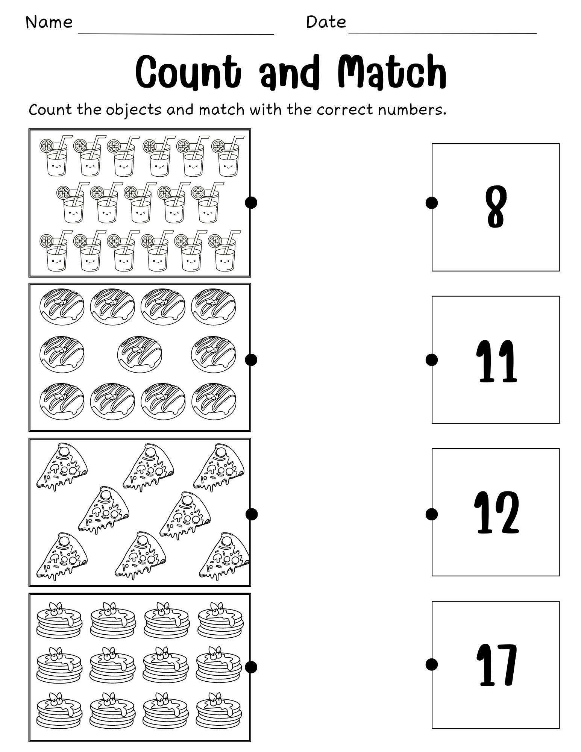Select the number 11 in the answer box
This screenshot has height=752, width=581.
[496, 361]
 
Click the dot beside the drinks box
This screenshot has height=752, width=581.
[251, 203]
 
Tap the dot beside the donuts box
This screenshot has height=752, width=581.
[251, 360]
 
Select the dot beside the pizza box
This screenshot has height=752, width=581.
[251, 514]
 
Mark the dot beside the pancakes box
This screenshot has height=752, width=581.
[251, 667]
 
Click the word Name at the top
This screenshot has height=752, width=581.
[49, 22]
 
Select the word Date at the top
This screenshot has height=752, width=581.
[326, 22]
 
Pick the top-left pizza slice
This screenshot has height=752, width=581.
[62, 467]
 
